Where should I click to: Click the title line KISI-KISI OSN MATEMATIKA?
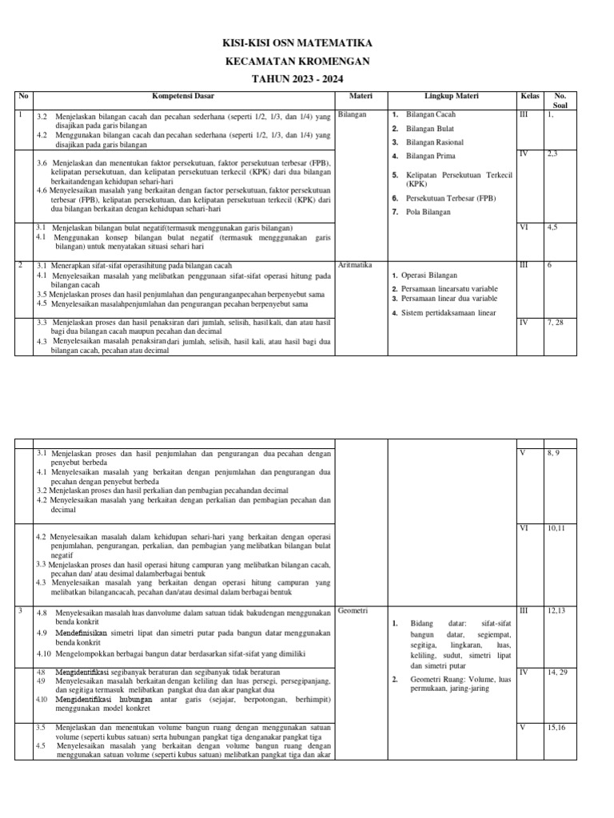click(x=306, y=43)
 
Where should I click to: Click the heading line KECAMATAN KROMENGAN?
click(x=306, y=62)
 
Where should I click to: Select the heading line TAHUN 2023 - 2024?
click(x=306, y=80)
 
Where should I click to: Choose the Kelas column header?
click(x=529, y=96)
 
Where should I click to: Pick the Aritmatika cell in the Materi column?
click(x=356, y=264)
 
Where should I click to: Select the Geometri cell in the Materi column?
click(x=353, y=611)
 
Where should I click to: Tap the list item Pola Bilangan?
click(x=429, y=212)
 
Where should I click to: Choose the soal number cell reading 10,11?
click(x=557, y=528)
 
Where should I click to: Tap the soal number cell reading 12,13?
click(x=556, y=611)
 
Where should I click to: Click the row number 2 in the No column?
click(x=20, y=264)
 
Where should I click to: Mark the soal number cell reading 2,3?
click(x=552, y=153)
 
